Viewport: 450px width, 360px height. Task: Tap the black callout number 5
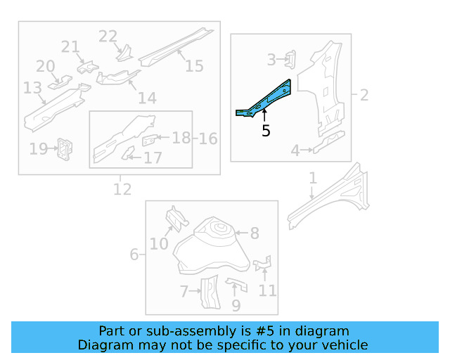tap(266, 130)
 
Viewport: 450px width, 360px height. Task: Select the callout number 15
tap(194, 65)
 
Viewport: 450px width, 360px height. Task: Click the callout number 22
tap(108, 37)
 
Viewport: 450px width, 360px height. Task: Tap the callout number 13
tap(32, 88)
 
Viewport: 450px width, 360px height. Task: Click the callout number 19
tap(38, 148)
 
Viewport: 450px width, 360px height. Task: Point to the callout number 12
tap(122, 188)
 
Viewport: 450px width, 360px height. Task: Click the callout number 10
tap(159, 243)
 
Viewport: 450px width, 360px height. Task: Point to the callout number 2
tap(364, 94)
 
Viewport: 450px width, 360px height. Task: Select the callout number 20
tap(45, 66)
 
